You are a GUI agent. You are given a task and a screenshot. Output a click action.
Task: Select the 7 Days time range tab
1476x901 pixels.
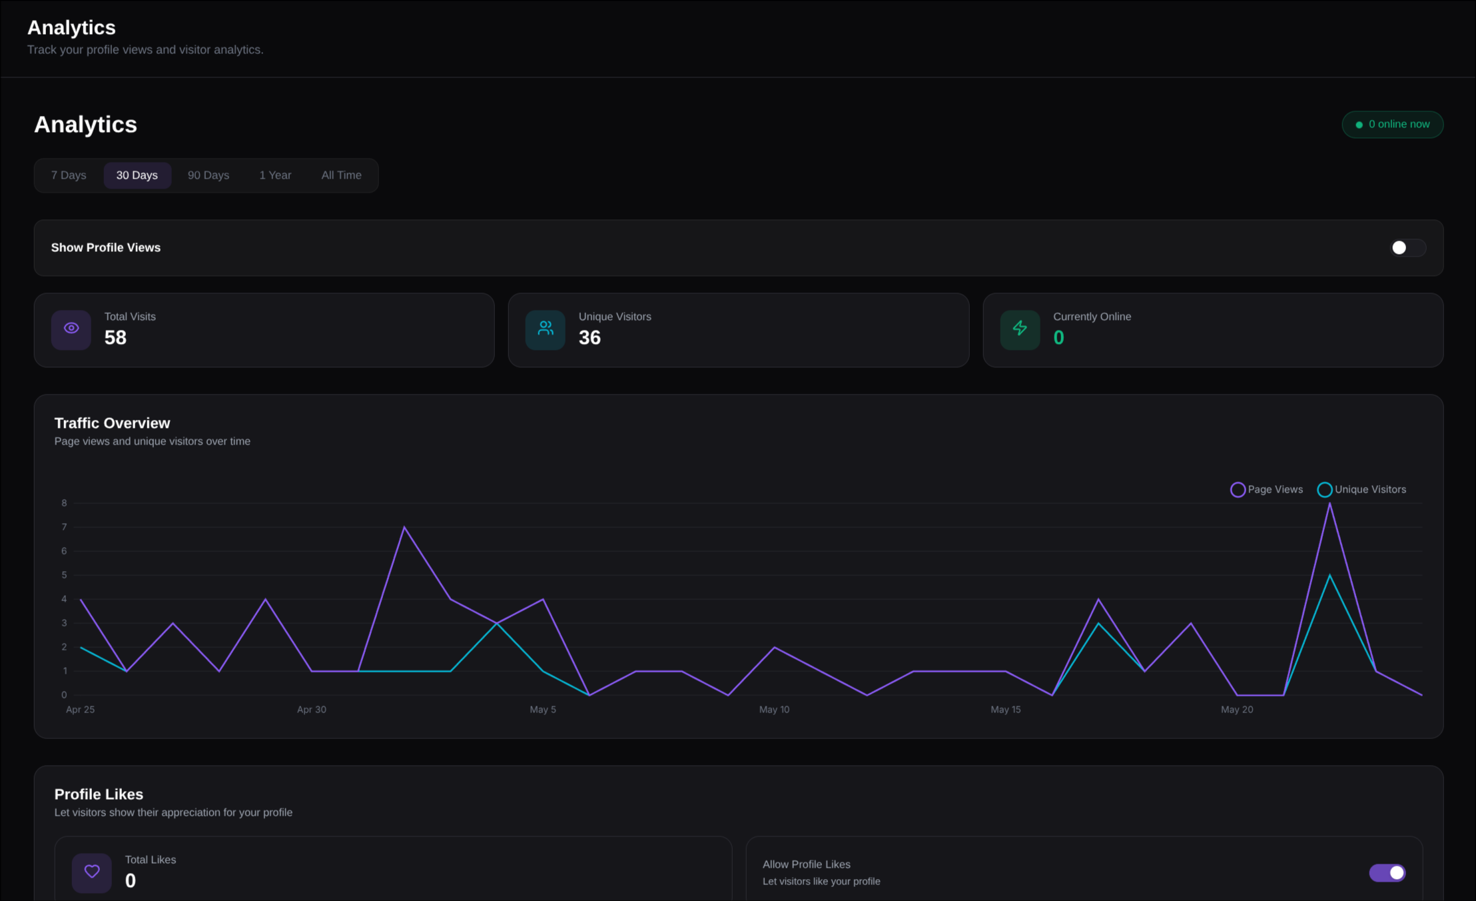pos(69,175)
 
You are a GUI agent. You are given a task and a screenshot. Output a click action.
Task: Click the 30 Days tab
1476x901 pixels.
pos(137,175)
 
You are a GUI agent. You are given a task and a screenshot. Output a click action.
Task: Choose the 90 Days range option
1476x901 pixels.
pos(208,175)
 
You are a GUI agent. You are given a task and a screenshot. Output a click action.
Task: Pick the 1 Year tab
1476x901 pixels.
pos(275,175)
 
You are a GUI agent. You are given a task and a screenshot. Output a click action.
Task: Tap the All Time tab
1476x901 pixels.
pos(342,175)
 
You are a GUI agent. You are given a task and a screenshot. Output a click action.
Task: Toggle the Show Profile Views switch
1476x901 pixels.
pos(1407,248)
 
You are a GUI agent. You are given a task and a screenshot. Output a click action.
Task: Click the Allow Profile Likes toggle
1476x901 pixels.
pos(1387,873)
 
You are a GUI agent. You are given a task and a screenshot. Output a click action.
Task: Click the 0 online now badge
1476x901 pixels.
pos(1393,125)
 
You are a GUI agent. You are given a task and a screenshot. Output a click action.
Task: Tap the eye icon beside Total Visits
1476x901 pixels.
pos(71,329)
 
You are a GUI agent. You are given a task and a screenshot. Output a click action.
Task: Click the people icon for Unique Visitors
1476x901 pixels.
pos(546,329)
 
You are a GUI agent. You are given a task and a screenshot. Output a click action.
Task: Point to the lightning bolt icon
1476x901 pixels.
pos(1020,329)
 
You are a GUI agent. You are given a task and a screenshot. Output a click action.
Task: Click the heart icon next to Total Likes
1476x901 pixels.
pos(92,872)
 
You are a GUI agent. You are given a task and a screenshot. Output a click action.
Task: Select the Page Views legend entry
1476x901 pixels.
pos(1267,490)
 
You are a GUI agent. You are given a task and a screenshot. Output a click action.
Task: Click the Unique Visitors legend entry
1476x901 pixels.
pos(1362,490)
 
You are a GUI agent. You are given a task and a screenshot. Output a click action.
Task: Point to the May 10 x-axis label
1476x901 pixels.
pos(774,710)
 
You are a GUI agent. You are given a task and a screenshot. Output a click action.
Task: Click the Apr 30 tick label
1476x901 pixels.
pos(312,710)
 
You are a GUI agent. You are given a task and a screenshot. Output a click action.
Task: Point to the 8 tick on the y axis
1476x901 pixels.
pos(64,503)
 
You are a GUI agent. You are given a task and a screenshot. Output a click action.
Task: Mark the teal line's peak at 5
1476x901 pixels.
pos(1329,575)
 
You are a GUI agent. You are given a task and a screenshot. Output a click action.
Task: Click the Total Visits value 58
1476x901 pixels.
pos(115,338)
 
